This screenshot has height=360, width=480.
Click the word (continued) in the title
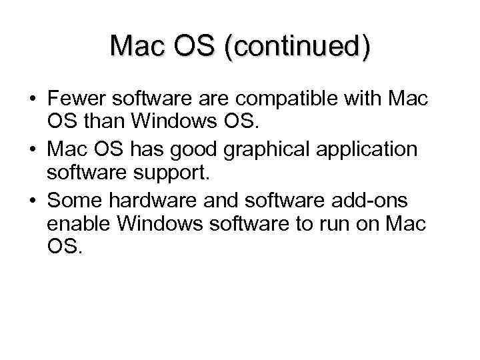297,47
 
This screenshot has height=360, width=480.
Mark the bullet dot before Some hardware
32,201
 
